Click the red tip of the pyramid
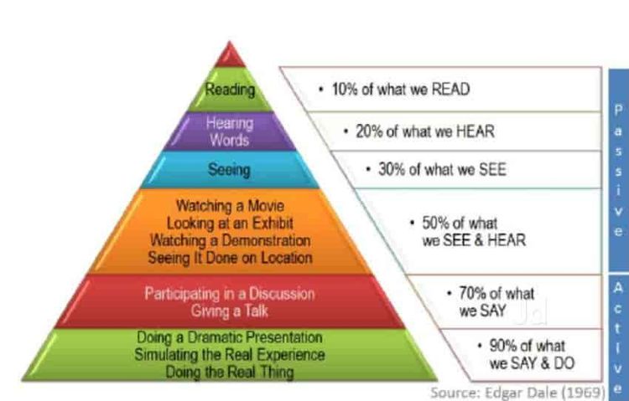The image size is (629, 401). pos(230,55)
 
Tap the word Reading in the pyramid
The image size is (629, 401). pos(230,90)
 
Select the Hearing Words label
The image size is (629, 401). pos(230,131)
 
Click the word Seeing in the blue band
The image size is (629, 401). pos(229,169)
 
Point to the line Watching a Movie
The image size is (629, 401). pos(231,206)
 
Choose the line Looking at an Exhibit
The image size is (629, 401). pos(230,224)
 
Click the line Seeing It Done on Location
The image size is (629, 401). pos(231,258)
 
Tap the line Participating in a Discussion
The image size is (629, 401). pos(230,294)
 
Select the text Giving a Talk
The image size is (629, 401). pos(230,311)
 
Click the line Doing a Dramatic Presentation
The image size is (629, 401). pos(230,337)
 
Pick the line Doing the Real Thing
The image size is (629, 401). pos(230,373)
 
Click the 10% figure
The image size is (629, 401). pos(345,89)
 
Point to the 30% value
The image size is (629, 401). pos(392,169)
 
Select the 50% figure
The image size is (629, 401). pos(435,224)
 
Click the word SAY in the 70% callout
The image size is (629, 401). pos(494,311)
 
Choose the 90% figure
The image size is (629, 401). pos(503,346)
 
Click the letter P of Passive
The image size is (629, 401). pos(619,110)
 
